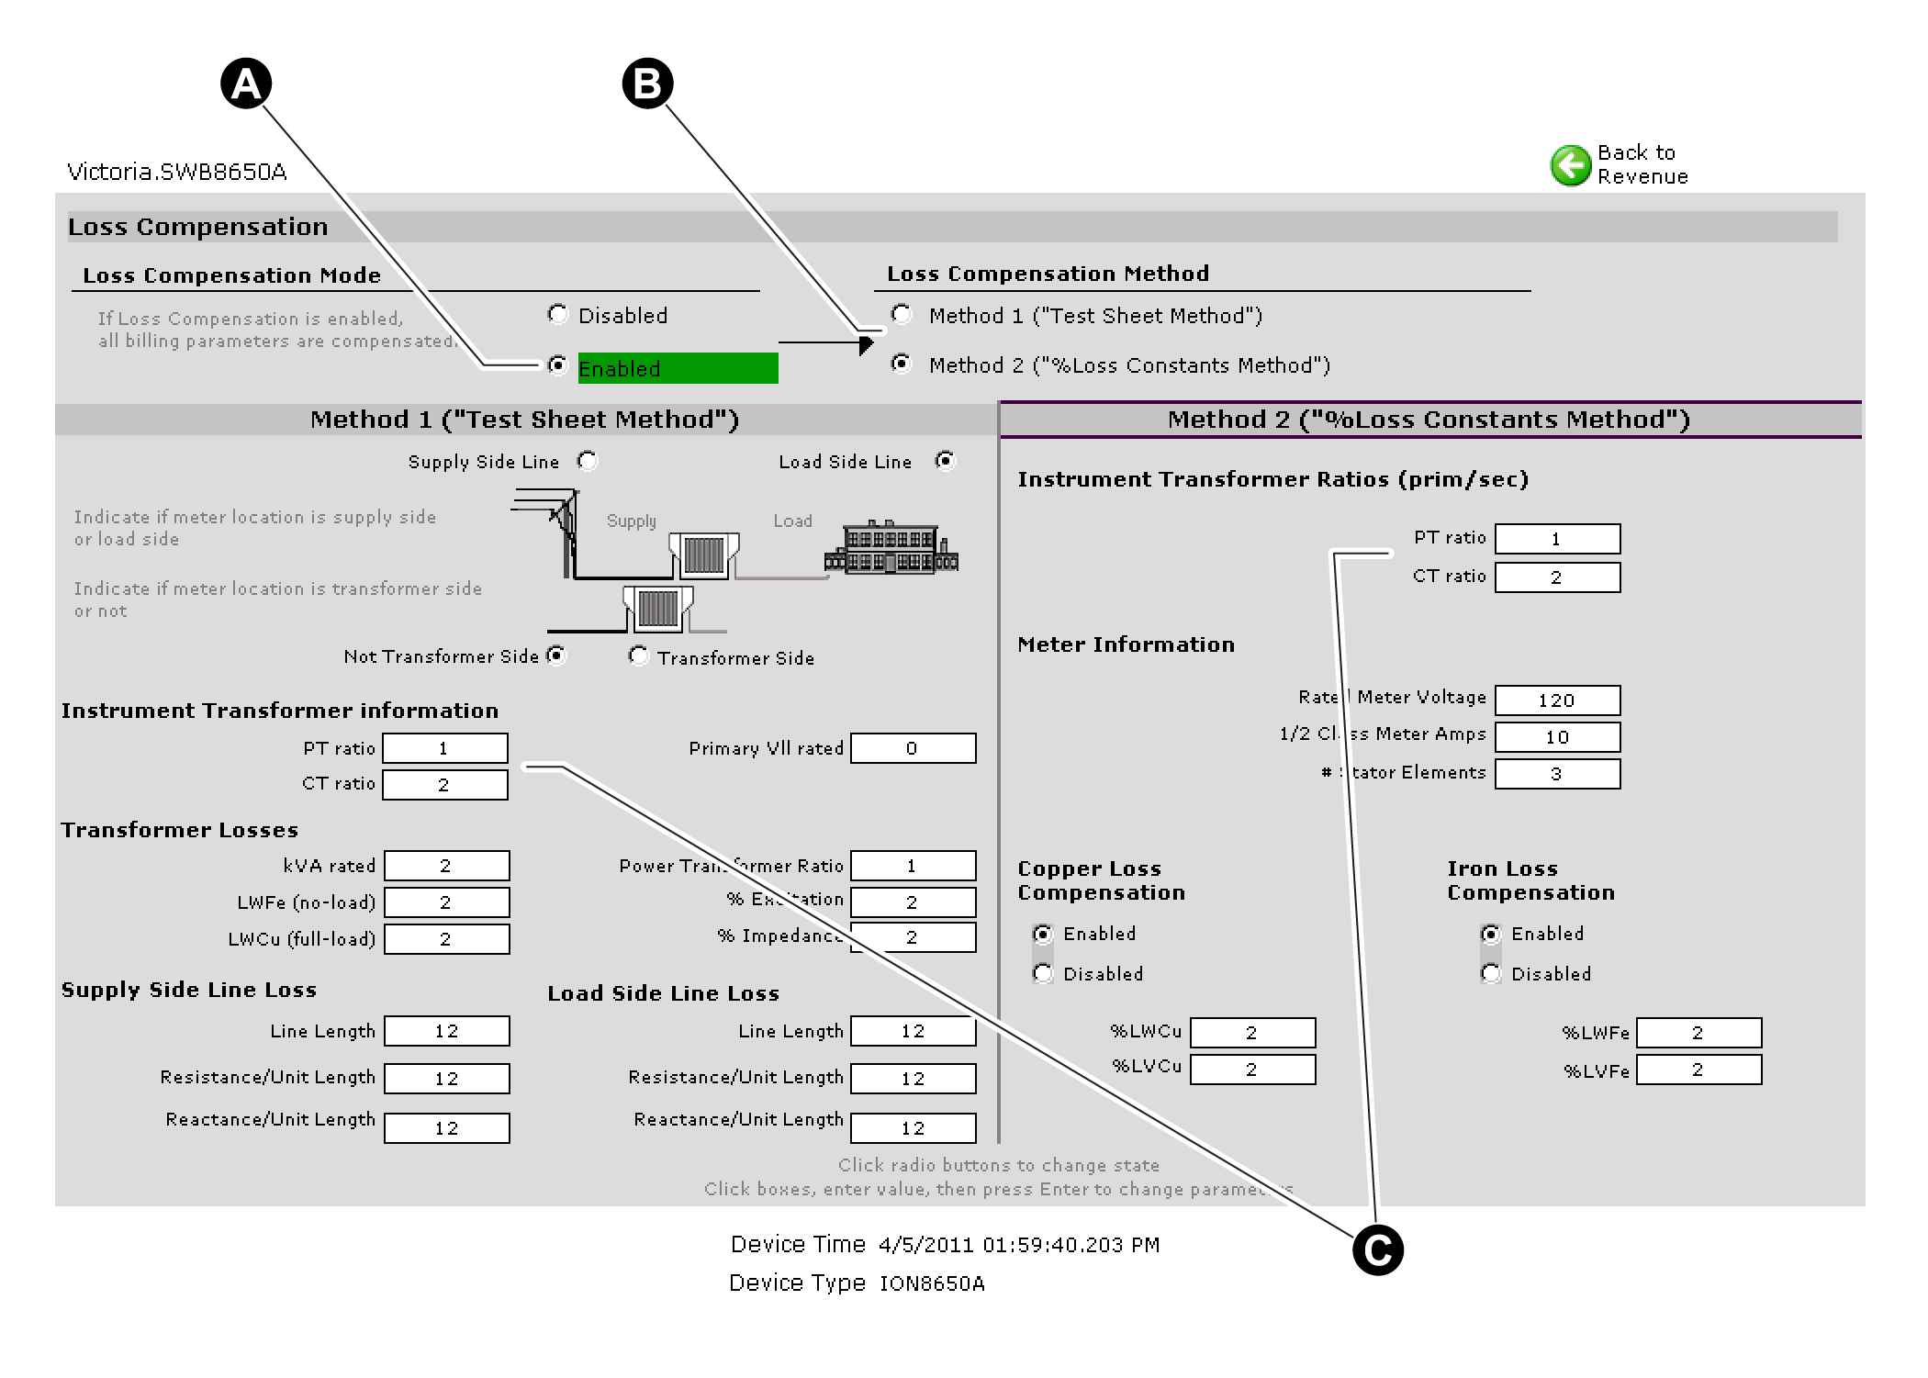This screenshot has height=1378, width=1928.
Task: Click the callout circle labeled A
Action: coord(246,84)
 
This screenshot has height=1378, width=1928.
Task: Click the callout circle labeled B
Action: coord(647,84)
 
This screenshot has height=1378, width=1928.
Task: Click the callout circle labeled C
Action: coord(1377,1249)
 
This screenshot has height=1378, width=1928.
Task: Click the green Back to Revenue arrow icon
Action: coord(1570,165)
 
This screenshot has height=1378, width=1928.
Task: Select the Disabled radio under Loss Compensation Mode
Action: coord(557,315)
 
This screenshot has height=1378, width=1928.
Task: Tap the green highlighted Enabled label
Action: coord(678,368)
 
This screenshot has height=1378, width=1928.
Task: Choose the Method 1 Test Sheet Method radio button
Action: coord(902,315)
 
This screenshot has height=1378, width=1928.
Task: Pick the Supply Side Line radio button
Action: coord(588,461)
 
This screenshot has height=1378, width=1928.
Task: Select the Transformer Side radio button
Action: coord(638,655)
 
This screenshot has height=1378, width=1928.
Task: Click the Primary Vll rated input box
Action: coord(913,748)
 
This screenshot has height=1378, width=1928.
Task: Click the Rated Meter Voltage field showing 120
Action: coord(1557,700)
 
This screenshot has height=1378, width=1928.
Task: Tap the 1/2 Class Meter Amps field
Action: coord(1557,737)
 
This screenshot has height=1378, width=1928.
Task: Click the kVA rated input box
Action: coord(446,866)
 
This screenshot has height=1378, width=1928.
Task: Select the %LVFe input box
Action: coord(1698,1070)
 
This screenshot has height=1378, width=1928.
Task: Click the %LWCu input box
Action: coord(1252,1033)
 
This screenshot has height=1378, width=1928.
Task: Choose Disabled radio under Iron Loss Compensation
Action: coord(1491,973)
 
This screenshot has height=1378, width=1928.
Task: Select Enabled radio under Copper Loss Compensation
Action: coord(1043,934)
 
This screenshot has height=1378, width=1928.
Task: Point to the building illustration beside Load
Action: coord(891,548)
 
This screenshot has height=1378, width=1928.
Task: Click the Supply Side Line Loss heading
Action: coord(189,990)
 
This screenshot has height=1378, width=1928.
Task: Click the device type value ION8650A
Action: coord(932,1283)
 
